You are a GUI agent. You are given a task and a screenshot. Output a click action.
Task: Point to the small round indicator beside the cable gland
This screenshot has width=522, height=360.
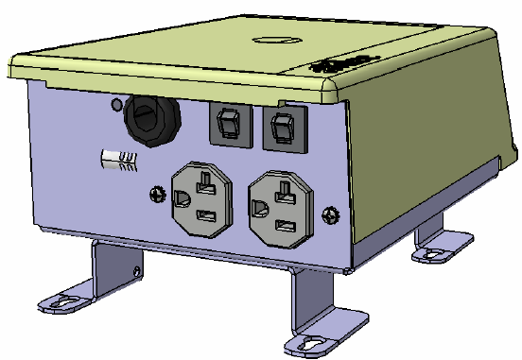tap(116, 104)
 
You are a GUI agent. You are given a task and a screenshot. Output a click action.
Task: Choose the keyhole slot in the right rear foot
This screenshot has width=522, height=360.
tap(431, 253)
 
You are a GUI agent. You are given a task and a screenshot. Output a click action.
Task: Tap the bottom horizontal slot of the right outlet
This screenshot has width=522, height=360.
tap(283, 225)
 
